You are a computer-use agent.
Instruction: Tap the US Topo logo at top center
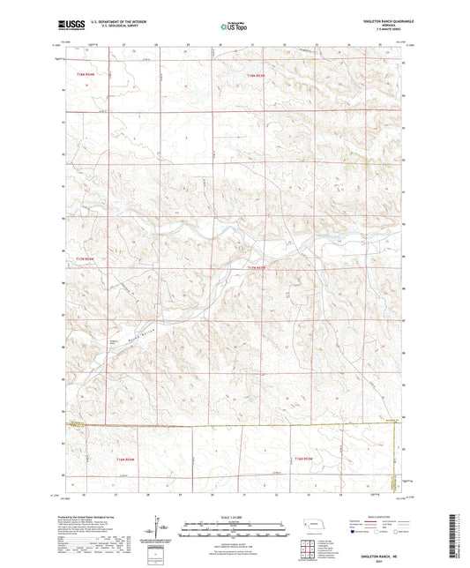[x=234, y=27]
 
